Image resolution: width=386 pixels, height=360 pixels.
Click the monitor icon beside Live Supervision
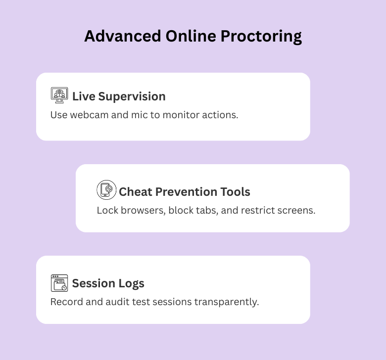[x=59, y=95]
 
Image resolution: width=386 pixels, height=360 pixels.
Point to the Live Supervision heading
[x=119, y=96]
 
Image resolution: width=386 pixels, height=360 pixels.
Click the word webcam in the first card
[x=87, y=115]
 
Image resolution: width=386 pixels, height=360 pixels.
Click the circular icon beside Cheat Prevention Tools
[x=106, y=190]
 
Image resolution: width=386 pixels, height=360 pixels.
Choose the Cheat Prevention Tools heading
[x=184, y=191]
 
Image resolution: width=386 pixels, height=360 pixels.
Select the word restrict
[x=258, y=210]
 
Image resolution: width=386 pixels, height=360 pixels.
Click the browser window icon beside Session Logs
[x=59, y=283]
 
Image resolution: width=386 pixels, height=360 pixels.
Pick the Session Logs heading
[x=108, y=283]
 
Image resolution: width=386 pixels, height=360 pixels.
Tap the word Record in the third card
[x=65, y=302]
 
